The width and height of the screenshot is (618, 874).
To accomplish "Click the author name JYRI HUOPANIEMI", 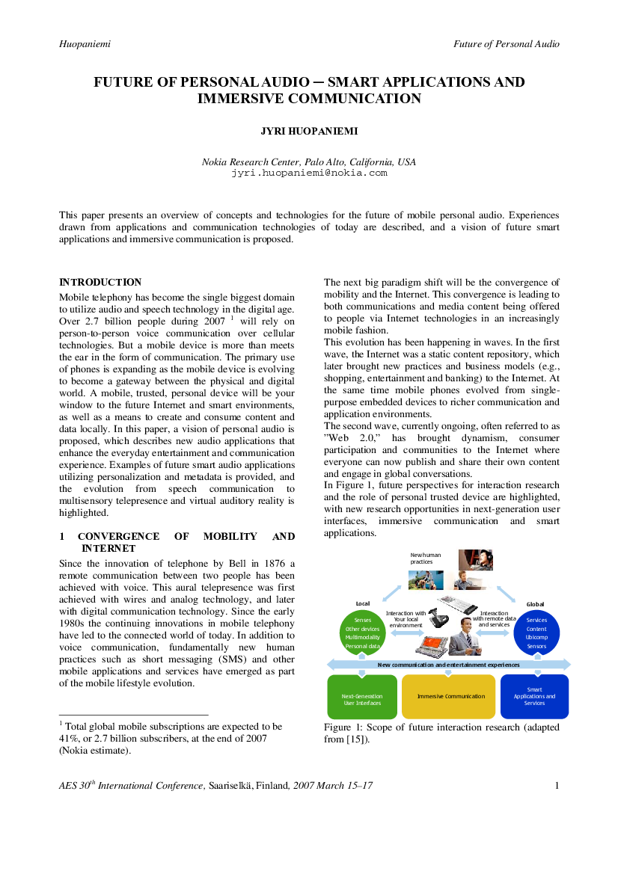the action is click(x=309, y=131).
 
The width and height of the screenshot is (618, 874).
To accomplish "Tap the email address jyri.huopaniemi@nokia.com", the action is click(x=309, y=173).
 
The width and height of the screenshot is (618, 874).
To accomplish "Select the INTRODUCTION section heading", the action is click(x=100, y=282).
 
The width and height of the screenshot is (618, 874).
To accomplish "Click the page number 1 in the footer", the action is click(x=557, y=785).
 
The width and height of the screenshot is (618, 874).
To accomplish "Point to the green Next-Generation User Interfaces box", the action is click(x=362, y=697).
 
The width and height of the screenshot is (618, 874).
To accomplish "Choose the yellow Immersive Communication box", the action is click(x=448, y=697).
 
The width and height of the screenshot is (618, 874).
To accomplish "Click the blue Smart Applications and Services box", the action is click(x=534, y=697).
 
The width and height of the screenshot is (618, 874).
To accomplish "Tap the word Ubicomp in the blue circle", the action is click(x=536, y=637).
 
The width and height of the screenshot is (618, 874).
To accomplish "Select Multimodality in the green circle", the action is click(x=363, y=637).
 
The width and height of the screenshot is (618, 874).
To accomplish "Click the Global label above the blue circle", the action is click(x=535, y=604).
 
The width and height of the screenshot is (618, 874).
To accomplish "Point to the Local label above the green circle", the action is click(x=363, y=603).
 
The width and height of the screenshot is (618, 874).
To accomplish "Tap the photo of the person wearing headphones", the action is click(x=476, y=560).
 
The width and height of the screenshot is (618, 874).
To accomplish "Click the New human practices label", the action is click(x=425, y=558).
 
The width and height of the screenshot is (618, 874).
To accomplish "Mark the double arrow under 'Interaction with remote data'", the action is click(x=492, y=633).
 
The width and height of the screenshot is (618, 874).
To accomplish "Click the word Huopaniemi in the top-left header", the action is click(x=85, y=44).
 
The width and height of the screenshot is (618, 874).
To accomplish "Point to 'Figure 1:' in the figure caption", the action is click(x=337, y=727).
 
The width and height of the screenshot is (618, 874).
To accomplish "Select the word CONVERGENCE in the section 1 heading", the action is click(x=119, y=536).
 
